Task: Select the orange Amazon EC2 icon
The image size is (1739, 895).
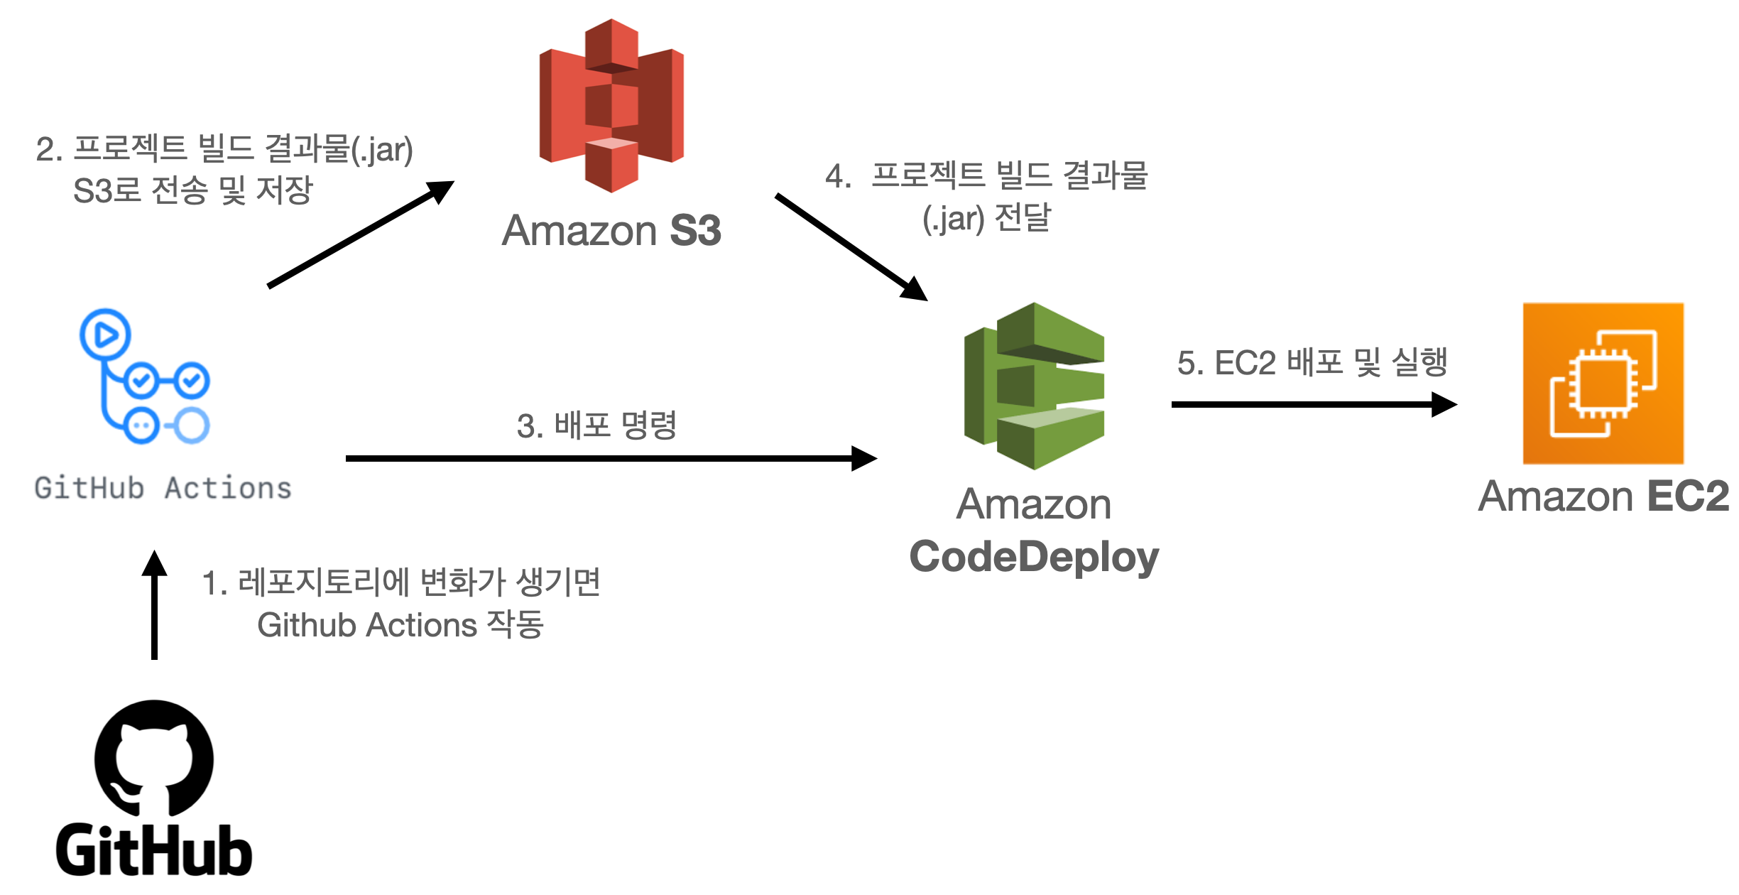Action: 1603,384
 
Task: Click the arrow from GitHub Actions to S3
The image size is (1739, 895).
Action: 361,234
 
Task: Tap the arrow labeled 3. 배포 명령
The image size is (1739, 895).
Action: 611,458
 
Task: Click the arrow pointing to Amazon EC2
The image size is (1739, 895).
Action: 1314,404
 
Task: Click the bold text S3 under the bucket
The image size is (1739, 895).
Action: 695,231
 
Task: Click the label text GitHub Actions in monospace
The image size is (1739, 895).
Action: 163,489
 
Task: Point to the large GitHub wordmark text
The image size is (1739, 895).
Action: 154,850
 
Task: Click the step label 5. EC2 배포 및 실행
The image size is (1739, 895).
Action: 1312,363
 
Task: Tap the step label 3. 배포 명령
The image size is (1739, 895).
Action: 596,425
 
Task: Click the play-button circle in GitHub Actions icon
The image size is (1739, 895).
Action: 105,334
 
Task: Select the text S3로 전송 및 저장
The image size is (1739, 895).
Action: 192,190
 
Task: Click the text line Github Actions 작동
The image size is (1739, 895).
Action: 400,625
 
